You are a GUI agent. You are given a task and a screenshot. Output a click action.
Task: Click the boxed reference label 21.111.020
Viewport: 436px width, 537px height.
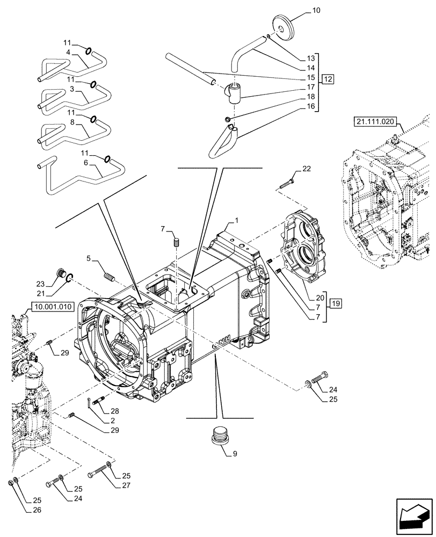pos(375,122)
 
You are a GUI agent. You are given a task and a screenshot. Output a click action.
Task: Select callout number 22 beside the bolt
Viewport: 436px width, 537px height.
pos(306,169)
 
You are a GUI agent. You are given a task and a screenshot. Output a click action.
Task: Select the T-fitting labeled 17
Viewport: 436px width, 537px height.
pos(234,92)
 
